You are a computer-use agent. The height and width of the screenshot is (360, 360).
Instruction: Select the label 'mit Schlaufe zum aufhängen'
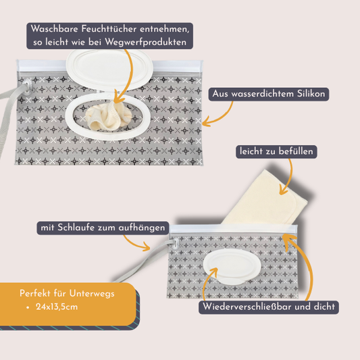tap(103, 228)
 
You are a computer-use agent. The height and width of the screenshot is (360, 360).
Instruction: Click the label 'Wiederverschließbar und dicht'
tap(268, 307)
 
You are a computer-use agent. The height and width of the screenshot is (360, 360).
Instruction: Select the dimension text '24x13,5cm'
tap(61, 307)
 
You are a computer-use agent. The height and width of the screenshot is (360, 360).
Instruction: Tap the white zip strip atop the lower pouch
tap(230, 230)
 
